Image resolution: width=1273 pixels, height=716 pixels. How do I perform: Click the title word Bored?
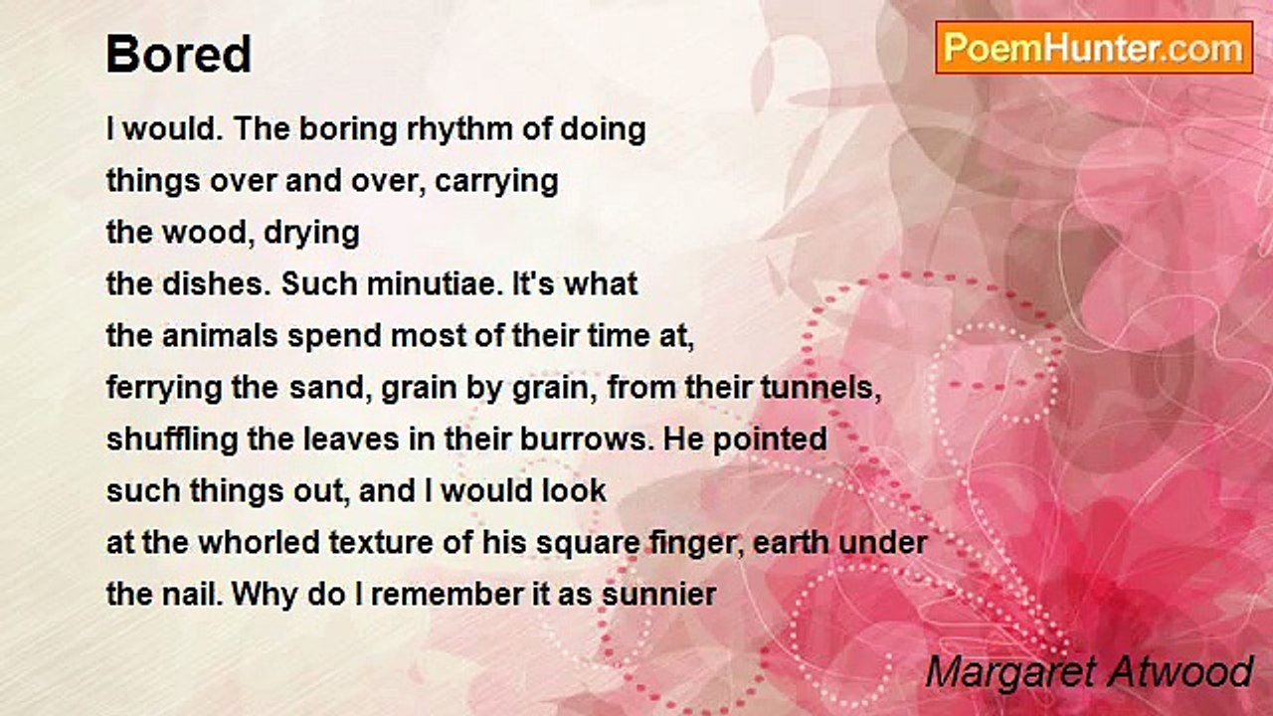(179, 55)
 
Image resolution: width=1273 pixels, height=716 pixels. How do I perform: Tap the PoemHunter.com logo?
(1093, 47)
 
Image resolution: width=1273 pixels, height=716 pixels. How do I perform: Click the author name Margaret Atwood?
(1089, 672)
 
